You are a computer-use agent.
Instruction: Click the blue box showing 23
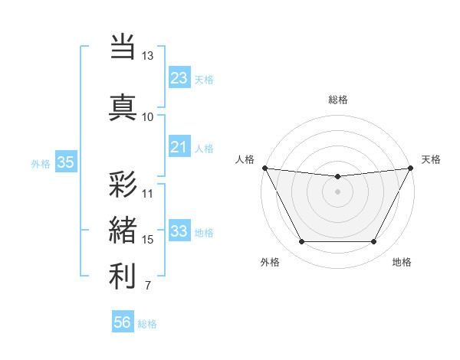pyautogui.click(x=179, y=77)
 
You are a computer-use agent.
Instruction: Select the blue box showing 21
pyautogui.click(x=179, y=146)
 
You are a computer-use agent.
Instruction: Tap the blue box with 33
pyautogui.click(x=179, y=231)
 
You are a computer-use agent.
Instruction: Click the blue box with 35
pyautogui.click(x=66, y=162)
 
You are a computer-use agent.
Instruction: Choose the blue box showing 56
pyautogui.click(x=123, y=322)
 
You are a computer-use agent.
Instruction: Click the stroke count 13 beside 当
pyautogui.click(x=147, y=56)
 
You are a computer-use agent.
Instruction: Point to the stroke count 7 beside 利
pyautogui.click(x=147, y=286)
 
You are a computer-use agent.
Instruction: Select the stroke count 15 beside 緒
pyautogui.click(x=147, y=240)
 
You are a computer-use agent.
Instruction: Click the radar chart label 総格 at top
pyautogui.click(x=337, y=100)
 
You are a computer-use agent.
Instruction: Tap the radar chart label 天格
pyautogui.click(x=431, y=159)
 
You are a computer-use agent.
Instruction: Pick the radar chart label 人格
pyautogui.click(x=245, y=159)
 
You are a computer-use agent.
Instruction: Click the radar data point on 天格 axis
pyautogui.click(x=411, y=168)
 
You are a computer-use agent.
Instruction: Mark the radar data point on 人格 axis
pyautogui.click(x=264, y=168)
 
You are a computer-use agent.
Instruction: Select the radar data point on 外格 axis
pyautogui.click(x=301, y=242)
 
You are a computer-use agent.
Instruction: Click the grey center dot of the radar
pyautogui.click(x=337, y=191)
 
